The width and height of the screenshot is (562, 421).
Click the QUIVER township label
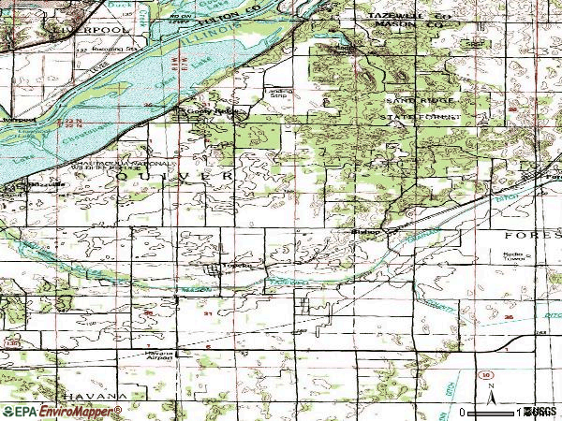[173, 175]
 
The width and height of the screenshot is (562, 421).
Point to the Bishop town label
[360, 228]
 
